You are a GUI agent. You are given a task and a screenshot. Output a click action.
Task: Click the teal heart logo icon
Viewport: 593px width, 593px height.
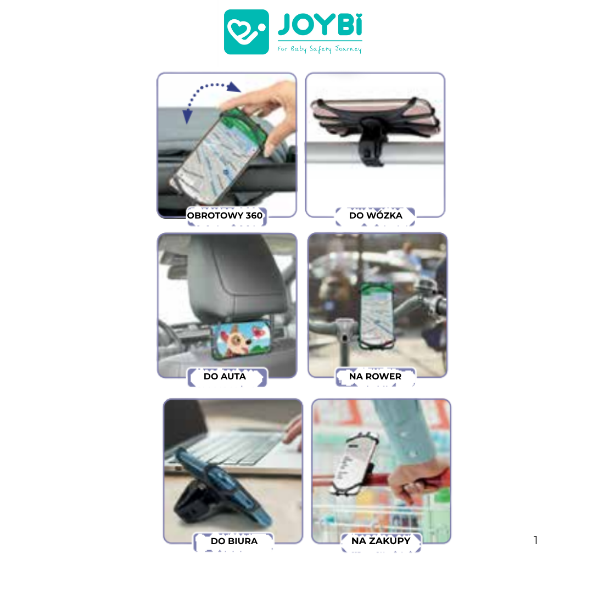click(x=246, y=32)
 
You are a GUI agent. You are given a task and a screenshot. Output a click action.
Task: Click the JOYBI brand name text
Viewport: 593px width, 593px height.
click(x=320, y=25)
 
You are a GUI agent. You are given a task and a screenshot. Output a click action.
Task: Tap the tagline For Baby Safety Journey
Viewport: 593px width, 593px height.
click(x=320, y=49)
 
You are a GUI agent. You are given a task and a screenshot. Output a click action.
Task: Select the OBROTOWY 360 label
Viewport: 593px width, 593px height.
click(x=225, y=216)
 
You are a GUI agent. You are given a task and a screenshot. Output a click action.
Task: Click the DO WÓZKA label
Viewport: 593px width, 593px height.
click(x=376, y=215)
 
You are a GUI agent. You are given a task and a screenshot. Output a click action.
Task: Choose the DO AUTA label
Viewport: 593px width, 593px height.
click(x=225, y=376)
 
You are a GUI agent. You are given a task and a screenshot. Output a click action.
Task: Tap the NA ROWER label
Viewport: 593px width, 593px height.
click(x=375, y=376)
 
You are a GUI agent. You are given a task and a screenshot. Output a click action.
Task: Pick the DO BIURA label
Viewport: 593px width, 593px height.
click(x=234, y=541)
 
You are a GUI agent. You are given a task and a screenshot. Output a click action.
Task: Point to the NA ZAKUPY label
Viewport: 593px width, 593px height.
click(x=381, y=541)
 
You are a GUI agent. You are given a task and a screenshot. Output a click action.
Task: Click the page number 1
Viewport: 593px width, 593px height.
click(x=535, y=540)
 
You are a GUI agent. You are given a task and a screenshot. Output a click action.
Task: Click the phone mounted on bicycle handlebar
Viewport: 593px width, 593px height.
click(x=376, y=315)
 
